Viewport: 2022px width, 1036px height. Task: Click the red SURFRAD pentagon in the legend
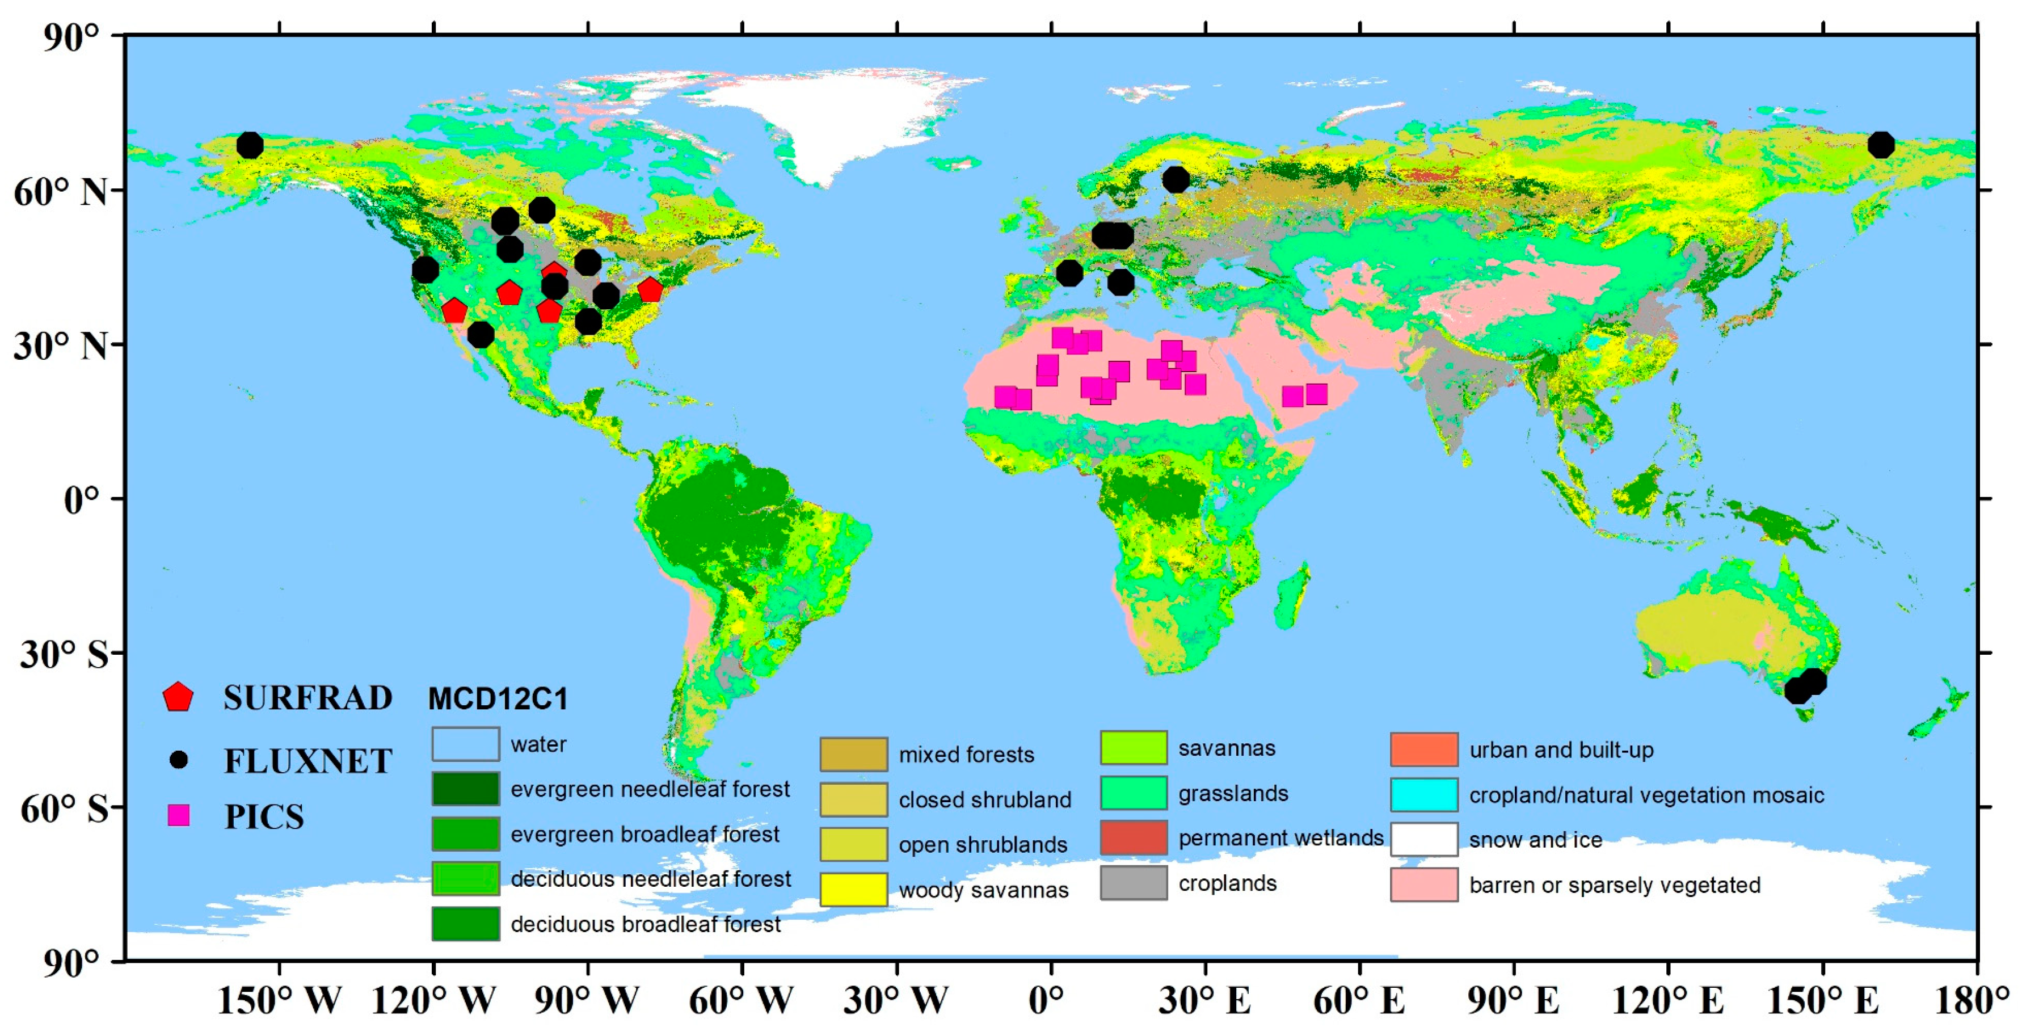click(178, 697)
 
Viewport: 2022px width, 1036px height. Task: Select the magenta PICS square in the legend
click(179, 815)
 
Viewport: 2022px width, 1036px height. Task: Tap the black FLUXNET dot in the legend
click(179, 760)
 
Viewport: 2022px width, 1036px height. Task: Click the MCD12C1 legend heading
click(498, 698)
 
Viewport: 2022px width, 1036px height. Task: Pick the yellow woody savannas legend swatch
click(853, 889)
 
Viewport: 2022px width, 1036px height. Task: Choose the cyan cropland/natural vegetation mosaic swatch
click(1424, 794)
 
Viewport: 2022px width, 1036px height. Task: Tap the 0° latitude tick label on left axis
click(82, 499)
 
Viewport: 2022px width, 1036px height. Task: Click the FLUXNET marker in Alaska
click(250, 145)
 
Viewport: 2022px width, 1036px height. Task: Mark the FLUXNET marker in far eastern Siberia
click(1881, 145)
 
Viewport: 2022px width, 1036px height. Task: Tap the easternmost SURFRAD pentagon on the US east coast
click(650, 290)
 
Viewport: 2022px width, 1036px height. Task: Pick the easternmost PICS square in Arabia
click(1316, 394)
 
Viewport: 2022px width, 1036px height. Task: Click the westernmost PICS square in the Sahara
click(1005, 397)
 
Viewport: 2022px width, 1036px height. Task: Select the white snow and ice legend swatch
click(1424, 839)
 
